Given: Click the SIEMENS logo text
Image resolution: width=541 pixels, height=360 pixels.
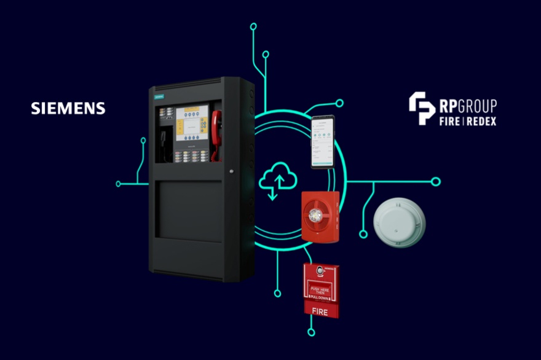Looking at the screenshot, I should pos(68,109).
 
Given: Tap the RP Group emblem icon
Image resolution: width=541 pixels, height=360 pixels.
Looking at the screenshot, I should pos(422,108).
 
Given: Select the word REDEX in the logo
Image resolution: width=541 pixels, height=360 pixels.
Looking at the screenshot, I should pos(482,121).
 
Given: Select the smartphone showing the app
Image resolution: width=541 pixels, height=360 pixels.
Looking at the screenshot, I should pos(324,142).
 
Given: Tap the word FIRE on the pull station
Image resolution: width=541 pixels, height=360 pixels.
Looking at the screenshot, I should pos(321,311).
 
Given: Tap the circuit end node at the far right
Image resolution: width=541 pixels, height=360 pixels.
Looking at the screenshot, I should pos(436,182).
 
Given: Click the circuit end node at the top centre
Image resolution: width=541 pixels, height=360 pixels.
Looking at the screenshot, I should pos(253,26).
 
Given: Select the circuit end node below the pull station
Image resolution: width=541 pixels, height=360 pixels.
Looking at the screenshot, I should pos(311,332).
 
